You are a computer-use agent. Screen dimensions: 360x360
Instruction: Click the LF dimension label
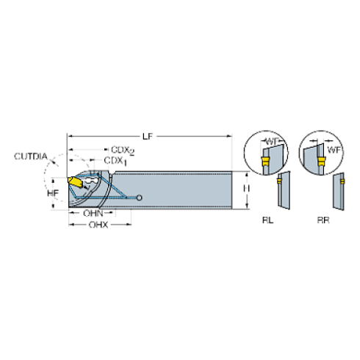[x=148, y=136]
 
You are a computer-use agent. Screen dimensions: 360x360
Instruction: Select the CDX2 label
[x=123, y=151]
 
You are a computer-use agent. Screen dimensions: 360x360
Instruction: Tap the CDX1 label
[x=115, y=162]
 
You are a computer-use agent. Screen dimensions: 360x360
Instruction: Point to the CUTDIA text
[x=31, y=156]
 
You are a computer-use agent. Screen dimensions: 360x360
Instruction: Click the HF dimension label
[x=53, y=193]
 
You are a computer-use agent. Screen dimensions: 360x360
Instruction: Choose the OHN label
[x=93, y=213]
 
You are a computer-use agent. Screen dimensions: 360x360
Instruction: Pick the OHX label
[x=98, y=225]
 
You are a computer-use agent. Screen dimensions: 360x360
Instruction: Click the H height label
[x=246, y=189]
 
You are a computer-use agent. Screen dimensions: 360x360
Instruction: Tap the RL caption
[x=267, y=220]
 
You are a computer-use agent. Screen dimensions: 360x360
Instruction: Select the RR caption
[x=323, y=220]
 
